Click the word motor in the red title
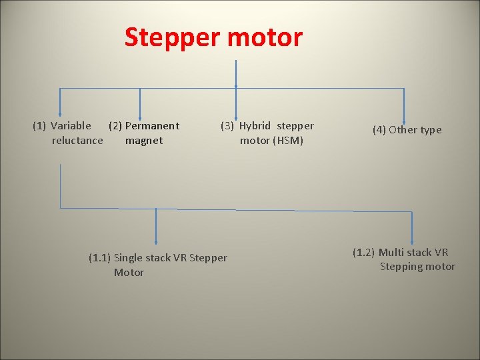(x=265, y=37)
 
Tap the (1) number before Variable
(x=39, y=125)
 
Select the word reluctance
(x=77, y=140)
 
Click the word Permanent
(x=152, y=125)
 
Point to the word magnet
(x=143, y=140)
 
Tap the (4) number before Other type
(x=379, y=130)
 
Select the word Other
(x=403, y=130)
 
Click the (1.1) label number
(x=100, y=258)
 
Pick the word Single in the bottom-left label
(x=131, y=258)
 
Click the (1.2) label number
(x=364, y=252)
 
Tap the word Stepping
(x=402, y=267)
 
